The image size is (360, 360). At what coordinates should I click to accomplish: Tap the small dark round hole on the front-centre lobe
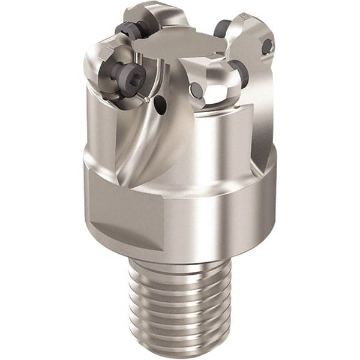(x=196, y=90)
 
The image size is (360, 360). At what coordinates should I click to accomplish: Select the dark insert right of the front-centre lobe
(x=239, y=72)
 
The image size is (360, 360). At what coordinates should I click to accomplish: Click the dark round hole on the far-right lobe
(x=266, y=46)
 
